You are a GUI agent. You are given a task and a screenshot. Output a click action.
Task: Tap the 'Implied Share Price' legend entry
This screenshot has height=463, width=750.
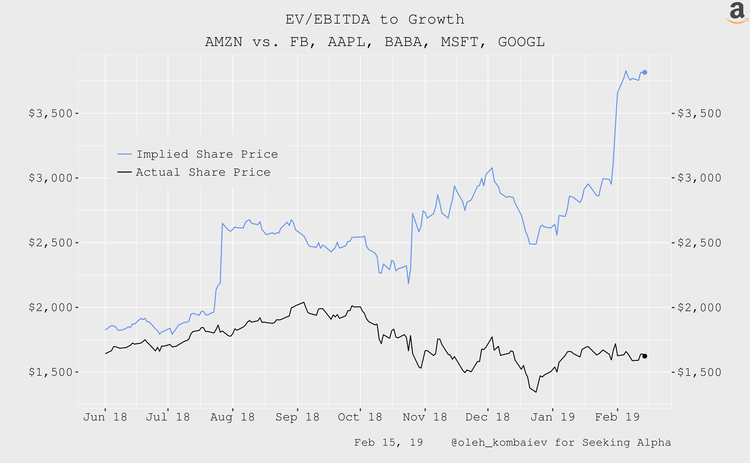207,154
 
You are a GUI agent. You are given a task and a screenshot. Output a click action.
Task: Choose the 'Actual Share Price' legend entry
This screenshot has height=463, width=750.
203,172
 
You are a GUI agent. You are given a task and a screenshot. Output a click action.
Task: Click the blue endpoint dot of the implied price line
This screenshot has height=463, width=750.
645,72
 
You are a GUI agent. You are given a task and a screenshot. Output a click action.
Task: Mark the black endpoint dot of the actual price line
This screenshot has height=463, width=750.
645,356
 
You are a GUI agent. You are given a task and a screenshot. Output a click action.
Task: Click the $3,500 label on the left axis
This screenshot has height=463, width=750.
51,113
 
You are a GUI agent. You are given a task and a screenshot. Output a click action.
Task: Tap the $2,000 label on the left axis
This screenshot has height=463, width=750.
51,307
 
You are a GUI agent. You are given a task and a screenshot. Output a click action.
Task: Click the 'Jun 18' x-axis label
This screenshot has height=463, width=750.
105,417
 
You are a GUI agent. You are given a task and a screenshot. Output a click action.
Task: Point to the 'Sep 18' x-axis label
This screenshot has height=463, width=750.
297,417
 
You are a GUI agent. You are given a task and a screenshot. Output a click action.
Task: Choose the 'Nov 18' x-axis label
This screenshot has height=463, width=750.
425,417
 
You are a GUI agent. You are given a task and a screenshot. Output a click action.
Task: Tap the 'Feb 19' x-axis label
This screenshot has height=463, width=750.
617,417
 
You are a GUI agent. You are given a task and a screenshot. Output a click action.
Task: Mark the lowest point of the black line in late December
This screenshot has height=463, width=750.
536,392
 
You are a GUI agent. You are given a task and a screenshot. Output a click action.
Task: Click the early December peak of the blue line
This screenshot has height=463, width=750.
492,168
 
